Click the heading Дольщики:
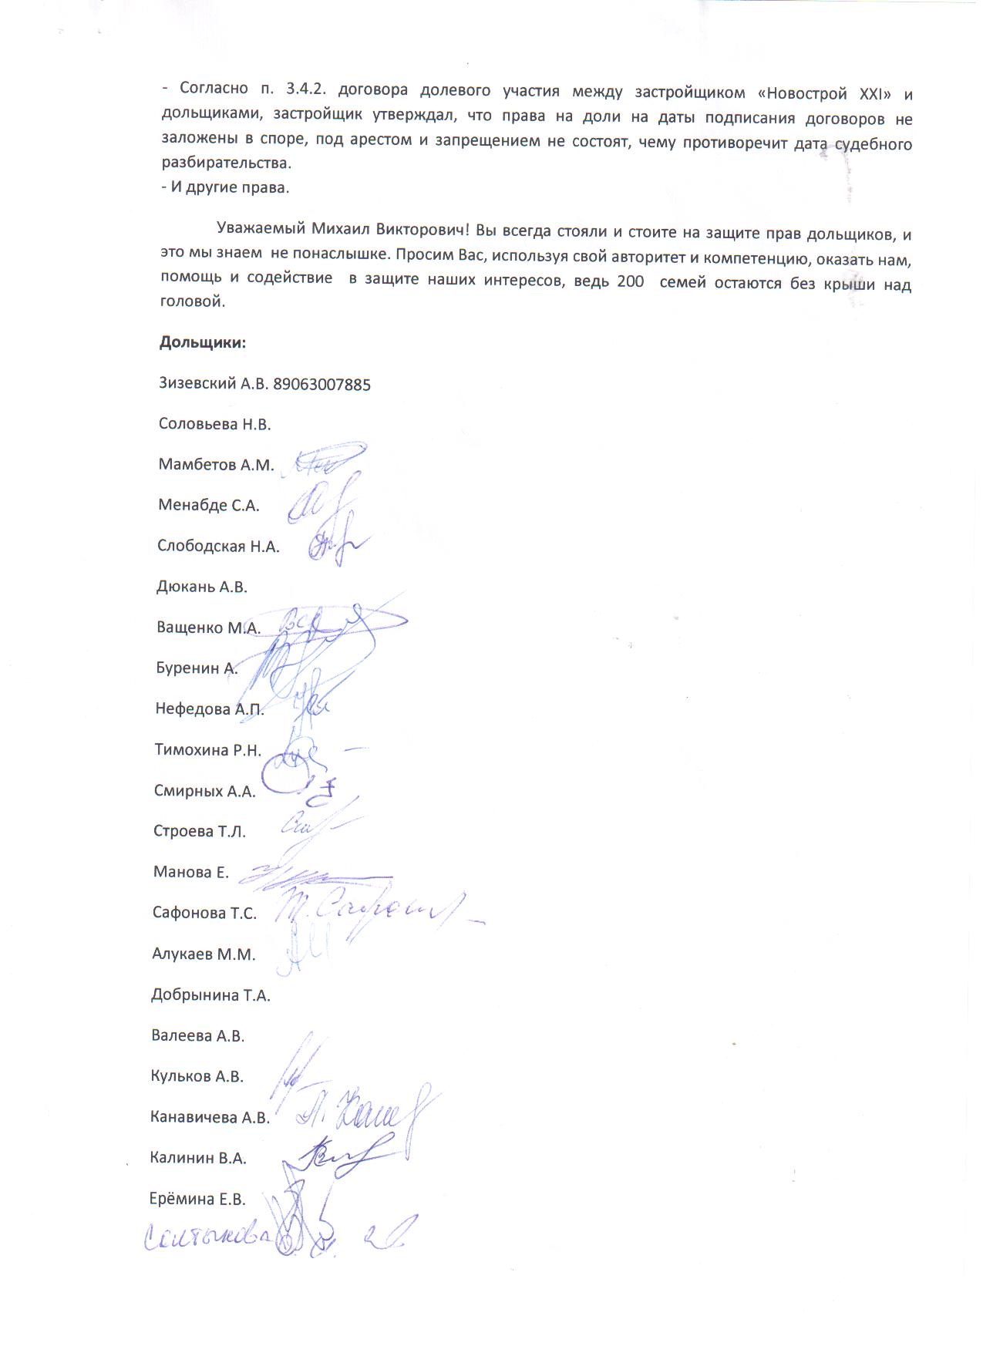point(203,342)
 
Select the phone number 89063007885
point(322,384)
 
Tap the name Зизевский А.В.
point(212,383)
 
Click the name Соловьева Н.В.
point(214,424)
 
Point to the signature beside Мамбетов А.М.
point(328,460)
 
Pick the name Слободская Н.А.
point(218,547)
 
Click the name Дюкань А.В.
point(202,587)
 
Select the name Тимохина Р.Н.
point(208,749)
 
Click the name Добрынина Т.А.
point(210,995)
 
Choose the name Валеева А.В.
point(198,1036)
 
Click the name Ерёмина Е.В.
point(197,1200)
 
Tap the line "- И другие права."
point(225,187)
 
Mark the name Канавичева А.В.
point(210,1118)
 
